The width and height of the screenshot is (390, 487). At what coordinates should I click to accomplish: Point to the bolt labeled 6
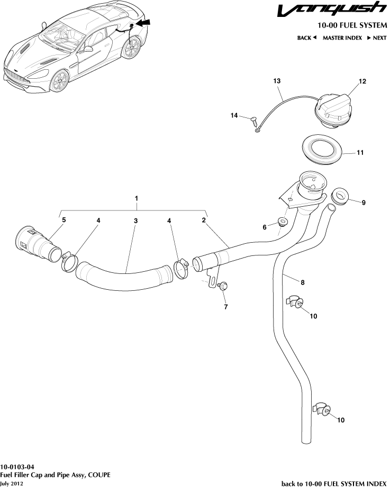[282, 222]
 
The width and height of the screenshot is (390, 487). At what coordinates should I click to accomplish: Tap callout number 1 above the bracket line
[137, 198]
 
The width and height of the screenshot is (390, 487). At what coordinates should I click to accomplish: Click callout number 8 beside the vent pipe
[303, 282]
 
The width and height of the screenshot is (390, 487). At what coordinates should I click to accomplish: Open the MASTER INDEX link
[342, 38]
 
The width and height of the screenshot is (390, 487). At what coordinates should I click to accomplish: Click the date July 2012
[12, 483]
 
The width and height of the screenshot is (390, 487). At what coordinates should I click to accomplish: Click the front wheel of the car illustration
[60, 81]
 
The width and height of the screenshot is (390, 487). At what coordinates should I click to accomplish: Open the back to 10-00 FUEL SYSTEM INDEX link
[334, 483]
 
